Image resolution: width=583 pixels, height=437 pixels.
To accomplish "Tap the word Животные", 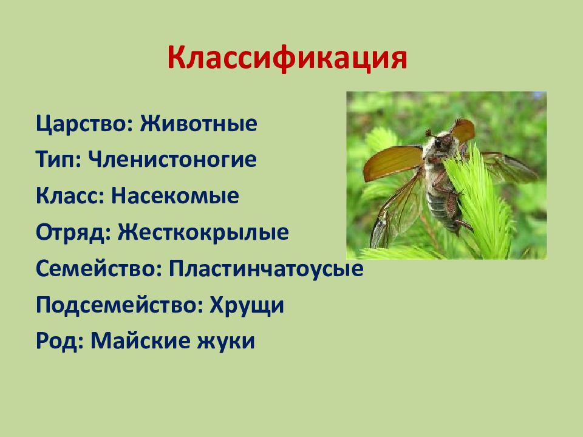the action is click(x=198, y=123).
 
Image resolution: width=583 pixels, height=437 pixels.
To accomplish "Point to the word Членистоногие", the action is click(x=172, y=160).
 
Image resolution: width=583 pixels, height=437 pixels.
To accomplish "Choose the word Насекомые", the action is click(x=175, y=196).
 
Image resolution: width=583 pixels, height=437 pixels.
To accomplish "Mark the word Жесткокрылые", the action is click(x=203, y=232).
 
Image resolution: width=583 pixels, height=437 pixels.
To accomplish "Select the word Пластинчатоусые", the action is click(x=266, y=268).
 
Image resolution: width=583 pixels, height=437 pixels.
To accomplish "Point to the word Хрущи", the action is click(x=247, y=305).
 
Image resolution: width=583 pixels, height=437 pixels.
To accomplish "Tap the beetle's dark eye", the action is click(x=438, y=142).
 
